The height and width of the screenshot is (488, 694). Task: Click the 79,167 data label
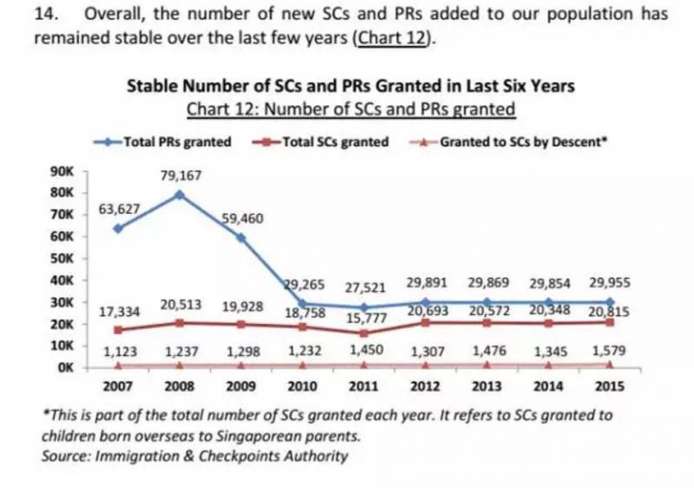tap(180, 176)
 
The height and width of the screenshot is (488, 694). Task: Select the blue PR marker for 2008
tap(180, 195)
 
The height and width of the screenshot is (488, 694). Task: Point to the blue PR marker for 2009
tap(242, 236)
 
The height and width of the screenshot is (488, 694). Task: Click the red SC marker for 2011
tap(365, 333)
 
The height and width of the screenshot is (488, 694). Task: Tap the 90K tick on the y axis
tap(62, 171)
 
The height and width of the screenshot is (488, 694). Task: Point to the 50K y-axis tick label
tap(62, 259)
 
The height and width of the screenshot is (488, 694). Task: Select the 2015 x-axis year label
tap(610, 386)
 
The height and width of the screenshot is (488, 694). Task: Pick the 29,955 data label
tap(608, 283)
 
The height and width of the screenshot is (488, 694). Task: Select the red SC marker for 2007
tap(118, 329)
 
